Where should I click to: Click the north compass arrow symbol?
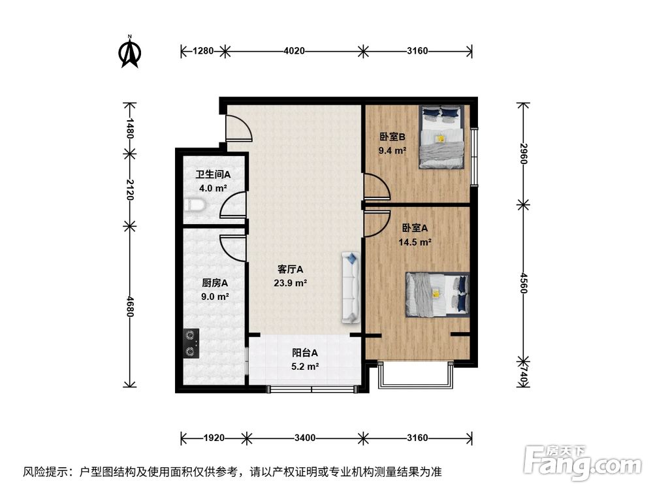[x=131, y=52]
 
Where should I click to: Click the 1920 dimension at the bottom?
[x=214, y=437]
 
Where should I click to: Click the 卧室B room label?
[x=392, y=137]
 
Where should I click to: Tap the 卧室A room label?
[x=415, y=228]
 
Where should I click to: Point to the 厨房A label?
[x=214, y=283]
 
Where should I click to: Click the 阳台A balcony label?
[x=305, y=353]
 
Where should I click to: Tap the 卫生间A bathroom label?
[x=213, y=175]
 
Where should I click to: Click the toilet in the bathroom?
[x=196, y=206]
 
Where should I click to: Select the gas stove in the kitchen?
[x=191, y=344]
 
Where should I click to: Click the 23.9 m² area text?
[x=291, y=283]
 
